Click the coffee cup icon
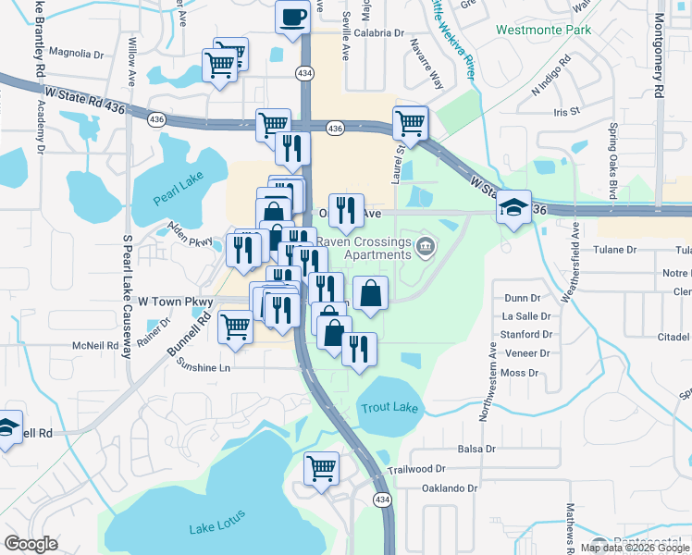[x=292, y=18]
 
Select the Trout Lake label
[x=389, y=408]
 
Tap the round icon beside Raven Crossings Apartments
[x=426, y=245]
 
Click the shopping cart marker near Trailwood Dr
[x=322, y=467]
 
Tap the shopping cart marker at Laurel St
[x=410, y=122]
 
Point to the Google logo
[x=31, y=544]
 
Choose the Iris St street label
[x=565, y=111]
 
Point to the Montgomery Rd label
[x=659, y=55]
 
